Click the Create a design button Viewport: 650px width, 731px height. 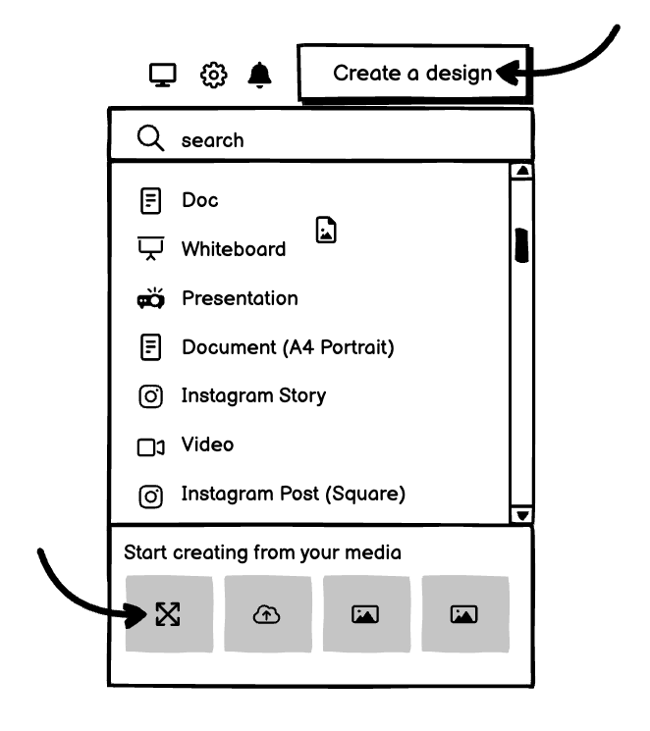coord(414,74)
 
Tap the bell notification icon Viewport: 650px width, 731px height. coord(259,75)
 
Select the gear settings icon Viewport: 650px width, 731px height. coord(214,75)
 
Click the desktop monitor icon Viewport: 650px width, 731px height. coord(163,75)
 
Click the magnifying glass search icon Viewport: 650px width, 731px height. coord(151,138)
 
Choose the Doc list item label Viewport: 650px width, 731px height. coord(199,200)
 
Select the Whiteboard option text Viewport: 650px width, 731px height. coord(234,249)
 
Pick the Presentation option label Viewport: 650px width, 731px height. coord(240,298)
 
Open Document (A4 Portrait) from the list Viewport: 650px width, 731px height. coord(288,347)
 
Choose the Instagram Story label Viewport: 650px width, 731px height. coord(253,395)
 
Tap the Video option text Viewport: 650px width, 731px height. coord(207,444)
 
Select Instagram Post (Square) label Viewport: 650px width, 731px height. coord(293,494)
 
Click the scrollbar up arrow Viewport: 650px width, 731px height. coord(522,171)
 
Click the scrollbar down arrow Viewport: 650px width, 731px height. coord(522,515)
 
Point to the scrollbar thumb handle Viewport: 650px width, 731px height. coord(521,245)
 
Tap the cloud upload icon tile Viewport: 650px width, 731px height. coord(268,614)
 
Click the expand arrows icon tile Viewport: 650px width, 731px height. coord(169,614)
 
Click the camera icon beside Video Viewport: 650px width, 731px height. coord(151,447)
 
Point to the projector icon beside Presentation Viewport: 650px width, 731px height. coord(151,298)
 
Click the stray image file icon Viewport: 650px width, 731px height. coord(326,230)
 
